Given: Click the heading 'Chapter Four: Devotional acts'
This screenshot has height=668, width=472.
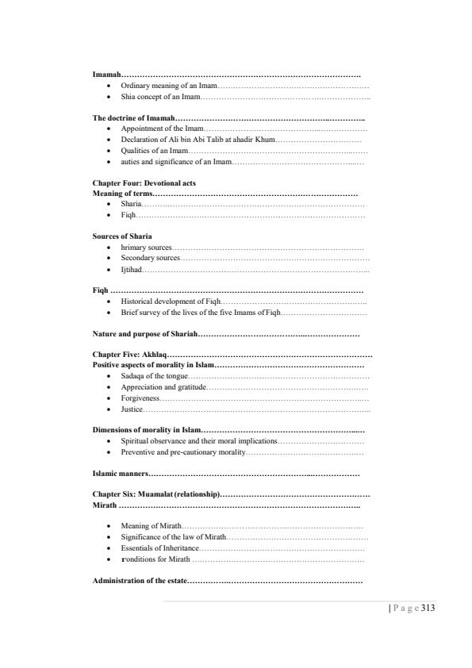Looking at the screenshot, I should [144, 182].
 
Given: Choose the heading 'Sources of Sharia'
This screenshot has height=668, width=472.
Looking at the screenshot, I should [123, 236].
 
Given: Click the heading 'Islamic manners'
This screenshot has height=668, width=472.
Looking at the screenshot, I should [120, 474].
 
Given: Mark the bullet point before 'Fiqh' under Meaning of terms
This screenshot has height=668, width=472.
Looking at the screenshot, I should [108, 215].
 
